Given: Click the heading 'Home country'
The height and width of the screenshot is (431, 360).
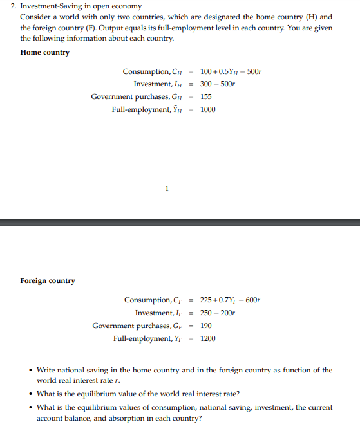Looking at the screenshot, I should coord(45,52).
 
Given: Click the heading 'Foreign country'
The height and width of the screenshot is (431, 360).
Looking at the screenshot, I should coord(48,280).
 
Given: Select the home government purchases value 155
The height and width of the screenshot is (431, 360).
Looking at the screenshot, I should coord(206,96).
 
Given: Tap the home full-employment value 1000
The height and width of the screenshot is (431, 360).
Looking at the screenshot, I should coord(208,109).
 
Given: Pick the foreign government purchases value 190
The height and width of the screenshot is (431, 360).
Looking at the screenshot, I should coord(206,326).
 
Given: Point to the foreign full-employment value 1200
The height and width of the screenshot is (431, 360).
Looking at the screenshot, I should coord(208,338).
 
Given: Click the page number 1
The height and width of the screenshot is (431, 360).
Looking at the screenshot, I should coord(167,188).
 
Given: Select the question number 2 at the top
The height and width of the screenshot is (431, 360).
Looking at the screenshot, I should coord(23,6).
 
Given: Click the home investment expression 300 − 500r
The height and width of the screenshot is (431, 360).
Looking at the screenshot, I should coord(218,84).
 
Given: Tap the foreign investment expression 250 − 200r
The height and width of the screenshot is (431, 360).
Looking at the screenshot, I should coord(218,313).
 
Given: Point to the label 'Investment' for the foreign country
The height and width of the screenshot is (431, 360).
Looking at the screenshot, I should coord(153,313).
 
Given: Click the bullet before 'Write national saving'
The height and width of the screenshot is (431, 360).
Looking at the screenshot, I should coord(32,371).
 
